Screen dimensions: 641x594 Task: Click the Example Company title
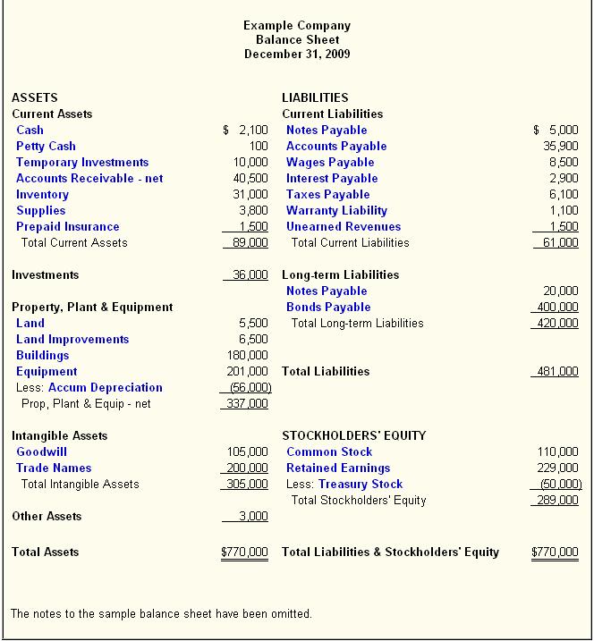pyautogui.click(x=297, y=26)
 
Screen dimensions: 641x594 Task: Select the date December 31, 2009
pyautogui.click(x=297, y=55)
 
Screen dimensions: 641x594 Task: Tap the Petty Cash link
pyautogui.click(x=46, y=147)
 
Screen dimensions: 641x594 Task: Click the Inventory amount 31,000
pyautogui.click(x=250, y=195)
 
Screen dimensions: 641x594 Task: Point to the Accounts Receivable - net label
pyautogui.click(x=89, y=179)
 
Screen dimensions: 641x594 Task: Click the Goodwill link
pyautogui.click(x=41, y=452)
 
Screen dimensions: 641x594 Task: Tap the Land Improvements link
pyautogui.click(x=72, y=340)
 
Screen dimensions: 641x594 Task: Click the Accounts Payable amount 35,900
pyautogui.click(x=561, y=147)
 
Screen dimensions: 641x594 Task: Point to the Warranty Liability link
pyautogui.click(x=336, y=211)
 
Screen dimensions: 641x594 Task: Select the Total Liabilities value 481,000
pyautogui.click(x=557, y=372)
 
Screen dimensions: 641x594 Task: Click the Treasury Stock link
pyautogui.click(x=361, y=485)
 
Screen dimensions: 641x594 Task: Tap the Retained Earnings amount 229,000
pyautogui.click(x=557, y=468)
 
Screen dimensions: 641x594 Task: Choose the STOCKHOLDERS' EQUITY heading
pyautogui.click(x=353, y=436)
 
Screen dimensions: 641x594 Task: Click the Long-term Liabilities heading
pyautogui.click(x=340, y=275)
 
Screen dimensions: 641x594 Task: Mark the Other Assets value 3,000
pyautogui.click(x=253, y=517)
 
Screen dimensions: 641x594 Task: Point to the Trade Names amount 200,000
pyautogui.click(x=247, y=468)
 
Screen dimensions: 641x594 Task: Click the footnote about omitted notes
pyautogui.click(x=161, y=614)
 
